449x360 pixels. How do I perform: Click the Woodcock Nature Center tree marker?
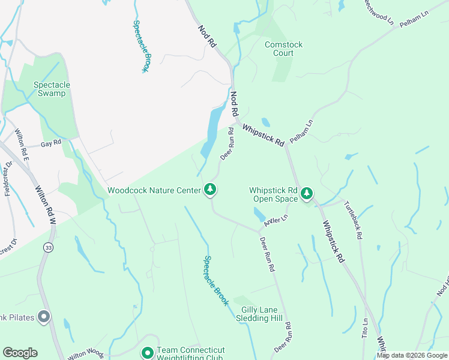tap(210, 190)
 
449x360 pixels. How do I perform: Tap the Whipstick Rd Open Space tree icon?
tap(307, 193)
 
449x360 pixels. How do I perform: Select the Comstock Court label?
tap(283, 49)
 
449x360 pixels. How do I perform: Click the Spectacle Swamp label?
tap(52, 89)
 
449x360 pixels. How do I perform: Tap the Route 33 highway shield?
tap(48, 247)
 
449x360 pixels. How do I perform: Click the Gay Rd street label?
tap(51, 144)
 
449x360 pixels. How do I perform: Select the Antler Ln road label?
tap(277, 221)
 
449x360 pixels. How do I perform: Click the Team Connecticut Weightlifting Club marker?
tap(147, 353)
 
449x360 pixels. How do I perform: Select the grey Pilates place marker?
tap(43, 317)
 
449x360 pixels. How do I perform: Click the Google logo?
tap(20, 353)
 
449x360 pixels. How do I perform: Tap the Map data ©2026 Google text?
tap(412, 356)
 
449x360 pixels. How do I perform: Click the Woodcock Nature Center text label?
tap(154, 190)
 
